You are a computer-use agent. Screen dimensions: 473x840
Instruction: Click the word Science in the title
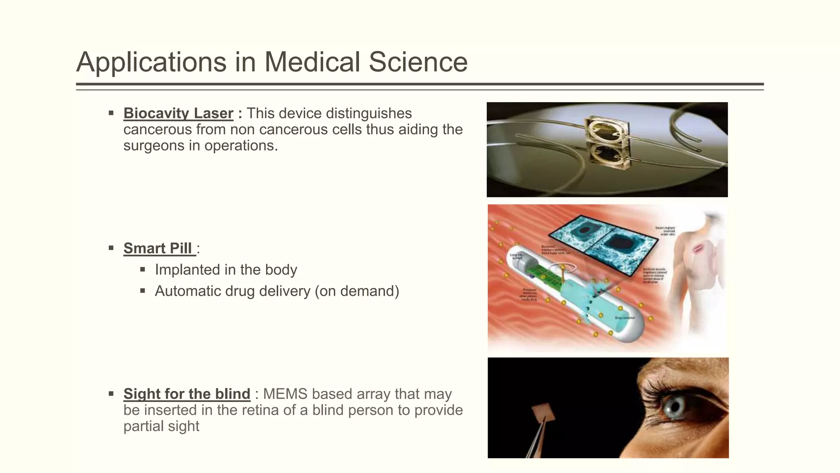tap(418, 62)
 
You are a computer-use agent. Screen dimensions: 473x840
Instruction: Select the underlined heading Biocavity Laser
tap(178, 113)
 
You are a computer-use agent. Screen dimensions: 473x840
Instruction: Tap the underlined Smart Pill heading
tap(158, 248)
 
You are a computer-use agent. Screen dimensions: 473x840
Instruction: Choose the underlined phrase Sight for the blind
tap(187, 394)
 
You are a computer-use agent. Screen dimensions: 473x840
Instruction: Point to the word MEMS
tap(285, 394)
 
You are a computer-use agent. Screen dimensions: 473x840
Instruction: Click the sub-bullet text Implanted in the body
tap(226, 270)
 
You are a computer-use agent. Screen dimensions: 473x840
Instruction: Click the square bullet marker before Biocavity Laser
tap(111, 113)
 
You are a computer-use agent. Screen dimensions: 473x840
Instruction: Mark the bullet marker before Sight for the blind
tap(111, 393)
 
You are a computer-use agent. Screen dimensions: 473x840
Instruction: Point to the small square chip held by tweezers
tap(543, 412)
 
